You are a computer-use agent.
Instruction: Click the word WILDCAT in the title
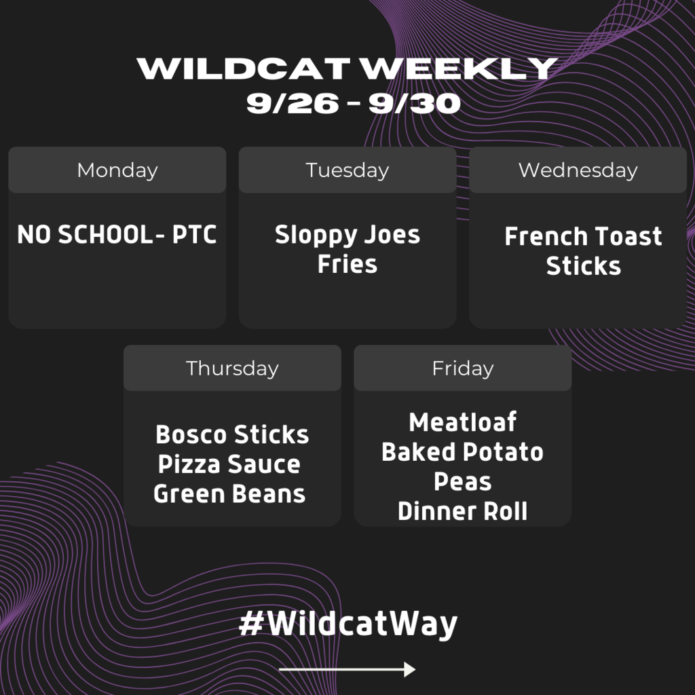(244, 69)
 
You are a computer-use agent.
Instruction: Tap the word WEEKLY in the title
(458, 69)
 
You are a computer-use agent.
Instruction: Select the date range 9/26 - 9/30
(353, 104)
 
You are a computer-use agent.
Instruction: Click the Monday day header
(117, 170)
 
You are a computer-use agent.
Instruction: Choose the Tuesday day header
(347, 170)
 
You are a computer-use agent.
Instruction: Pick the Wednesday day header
(578, 170)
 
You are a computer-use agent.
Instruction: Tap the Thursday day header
(232, 369)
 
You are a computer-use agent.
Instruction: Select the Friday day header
(463, 369)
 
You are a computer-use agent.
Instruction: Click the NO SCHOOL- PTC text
(117, 234)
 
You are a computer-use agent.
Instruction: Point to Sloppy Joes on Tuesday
(347, 235)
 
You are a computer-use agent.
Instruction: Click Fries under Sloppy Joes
(347, 264)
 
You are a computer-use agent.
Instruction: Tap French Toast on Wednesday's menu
(583, 236)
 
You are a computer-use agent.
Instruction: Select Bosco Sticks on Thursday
(232, 434)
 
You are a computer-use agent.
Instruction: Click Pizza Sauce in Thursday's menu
(229, 464)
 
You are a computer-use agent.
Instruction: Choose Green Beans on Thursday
(229, 494)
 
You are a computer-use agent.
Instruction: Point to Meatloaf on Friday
(463, 422)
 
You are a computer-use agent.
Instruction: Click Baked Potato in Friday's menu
(463, 451)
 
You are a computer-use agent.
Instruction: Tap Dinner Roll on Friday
(463, 511)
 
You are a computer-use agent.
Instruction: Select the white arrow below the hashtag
(347, 669)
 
